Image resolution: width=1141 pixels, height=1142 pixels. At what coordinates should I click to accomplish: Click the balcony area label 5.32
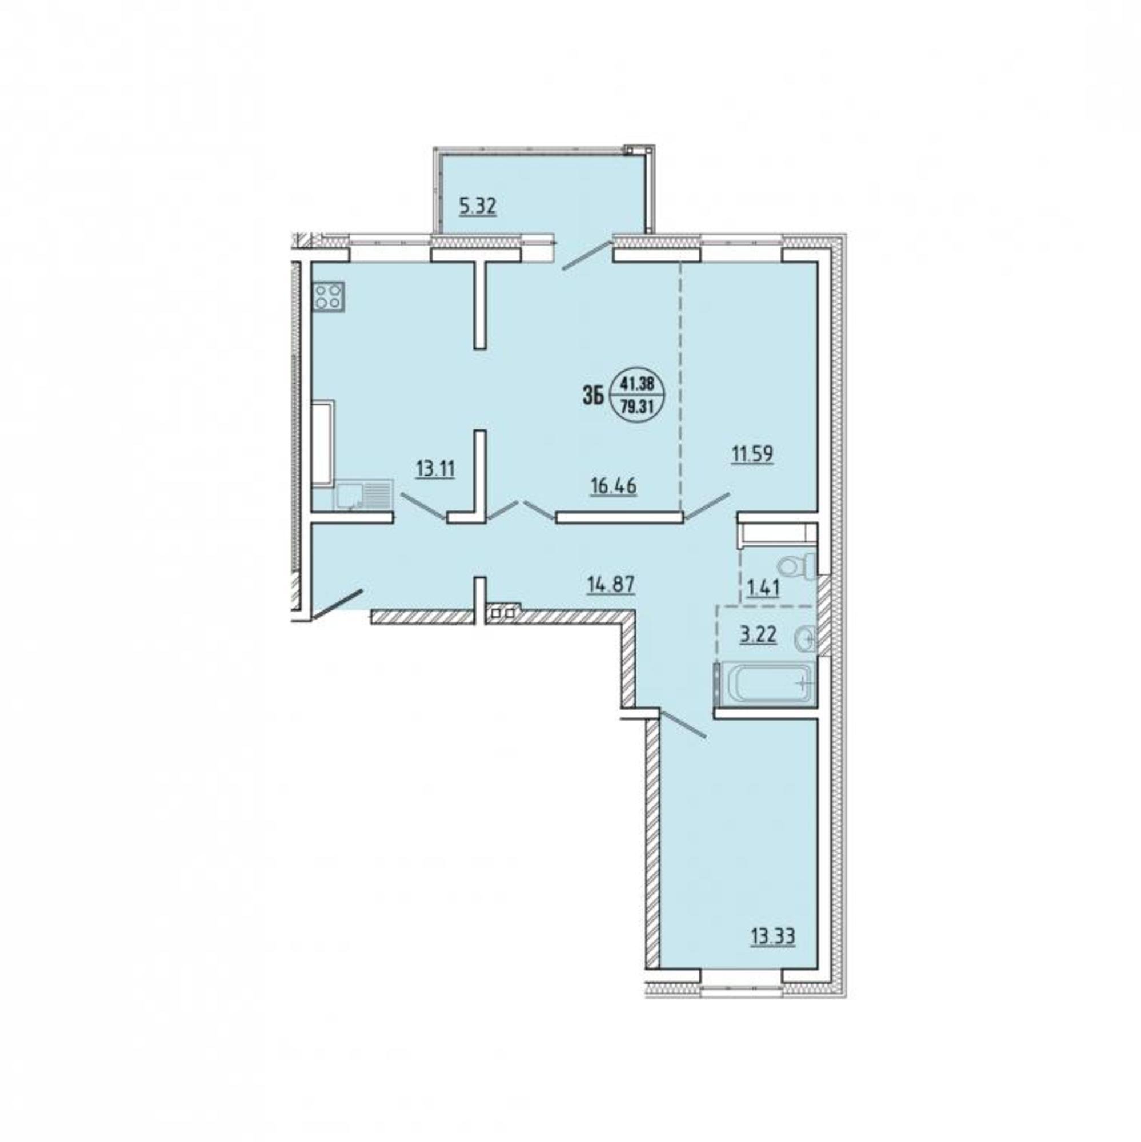[478, 207]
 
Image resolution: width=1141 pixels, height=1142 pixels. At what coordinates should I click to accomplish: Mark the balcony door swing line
[587, 255]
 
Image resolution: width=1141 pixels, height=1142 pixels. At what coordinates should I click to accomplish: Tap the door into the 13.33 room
[682, 724]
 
